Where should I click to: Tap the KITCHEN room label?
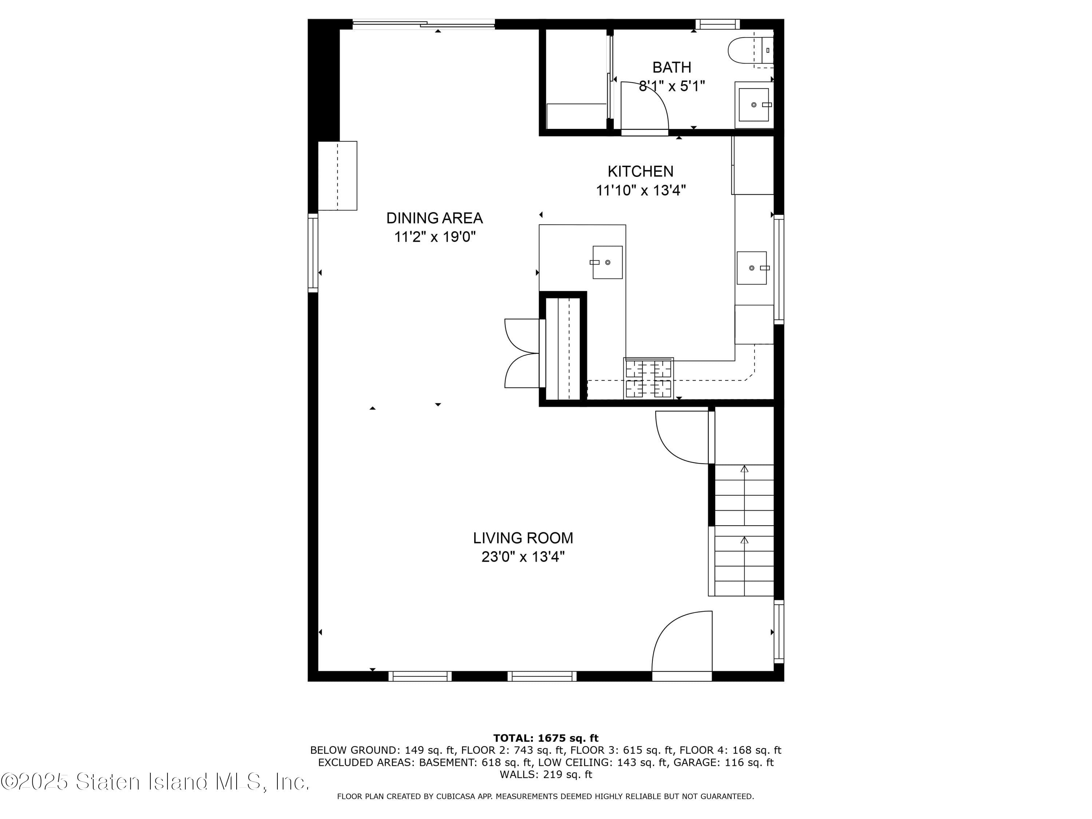[x=640, y=171]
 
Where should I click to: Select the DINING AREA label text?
[x=434, y=218]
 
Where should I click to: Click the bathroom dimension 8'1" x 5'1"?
[x=672, y=86]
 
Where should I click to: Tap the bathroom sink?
[x=753, y=105]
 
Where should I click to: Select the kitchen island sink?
[x=607, y=262]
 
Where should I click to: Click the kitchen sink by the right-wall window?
[x=751, y=268]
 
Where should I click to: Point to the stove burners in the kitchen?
[x=649, y=378]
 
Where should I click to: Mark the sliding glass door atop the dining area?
[x=424, y=23]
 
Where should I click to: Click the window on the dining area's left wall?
[x=313, y=252]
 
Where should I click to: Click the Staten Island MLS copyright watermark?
[x=155, y=782]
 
